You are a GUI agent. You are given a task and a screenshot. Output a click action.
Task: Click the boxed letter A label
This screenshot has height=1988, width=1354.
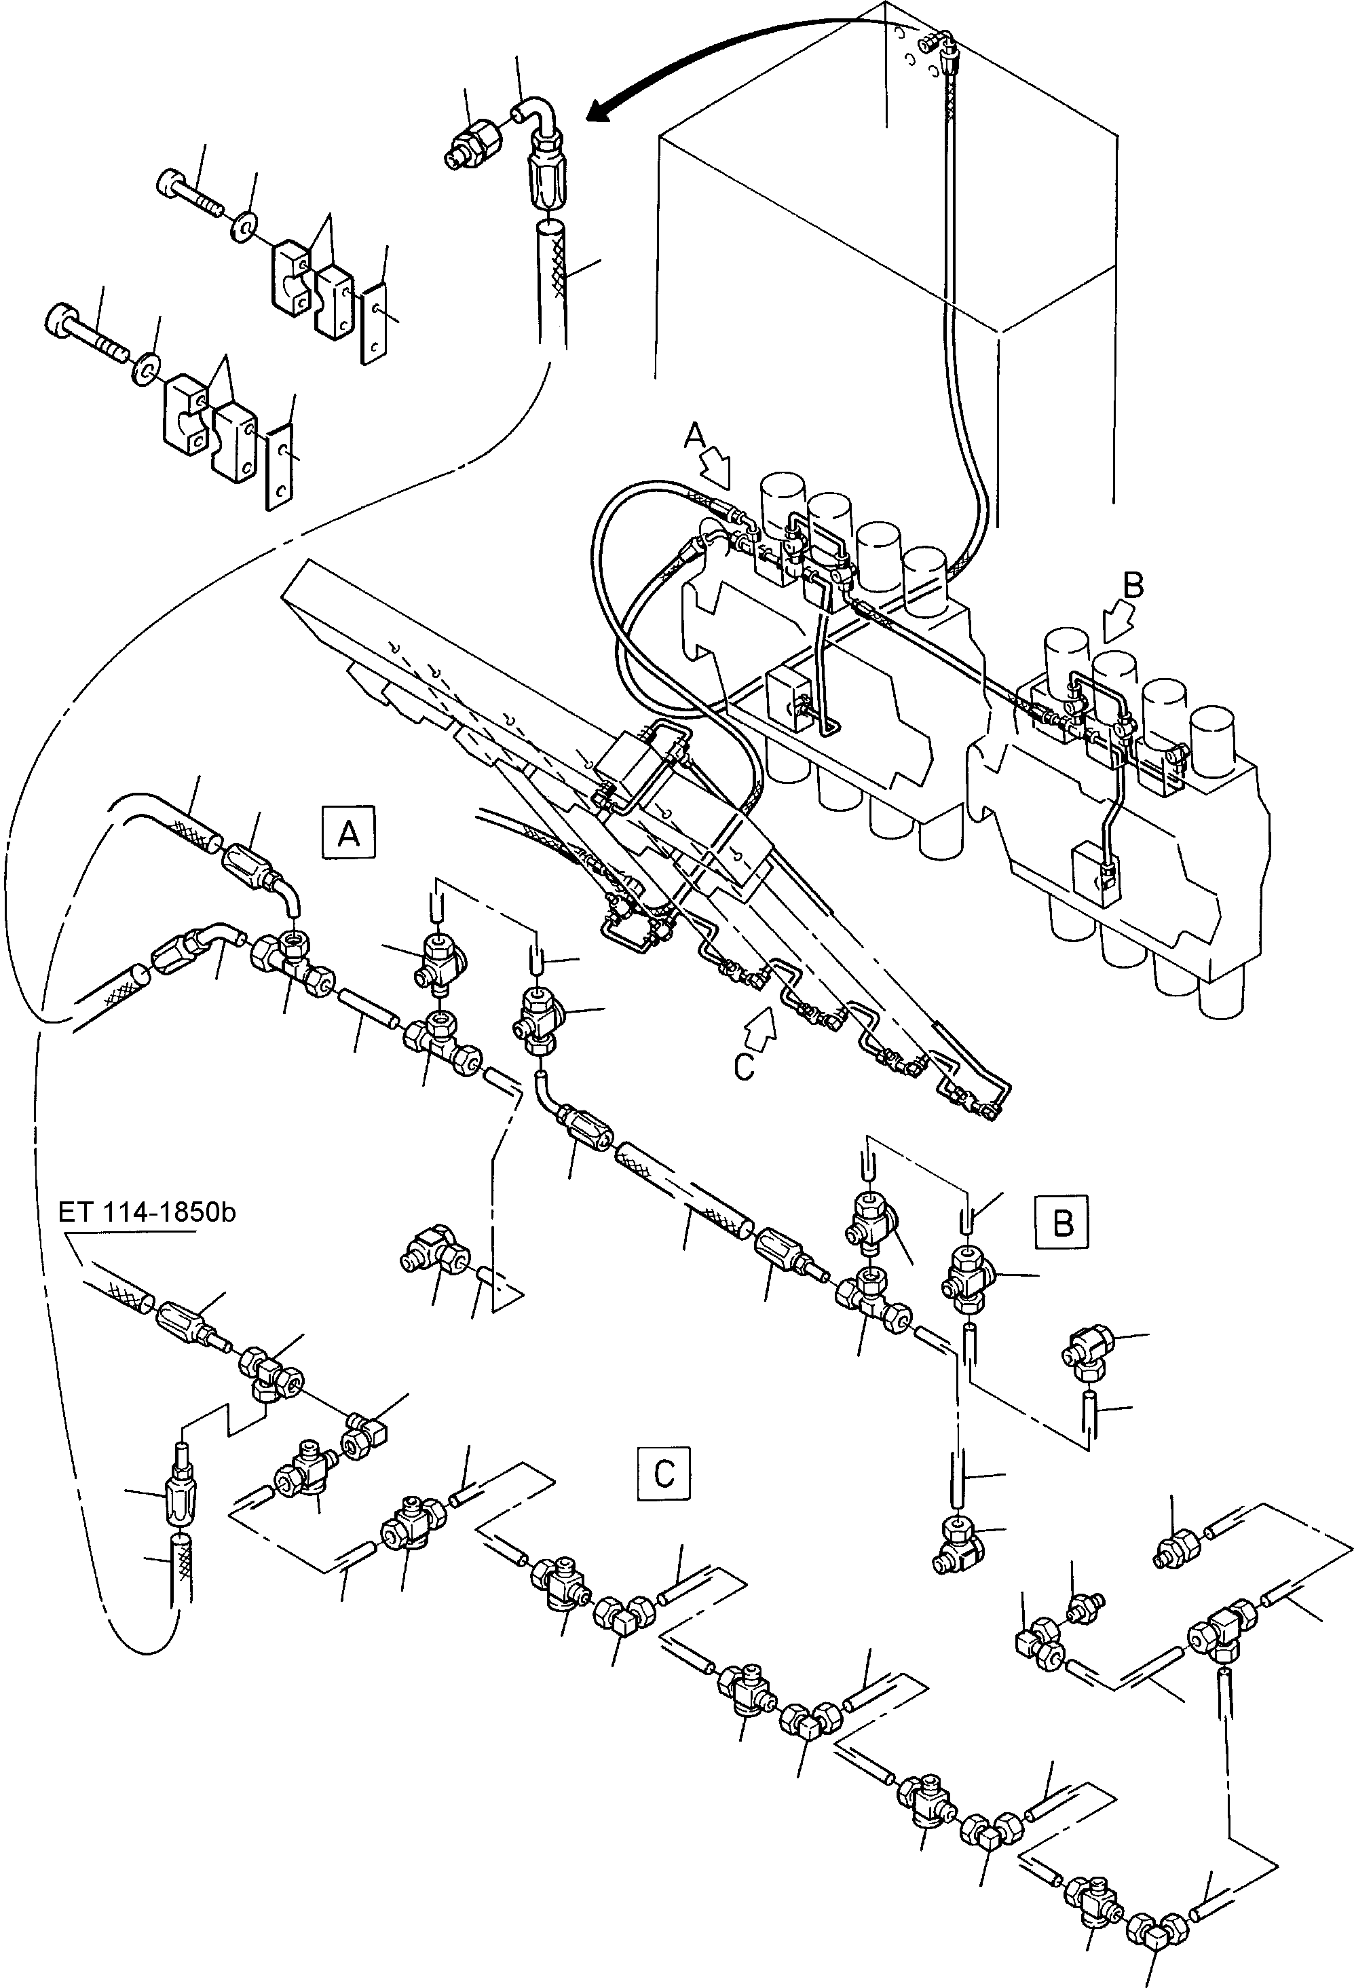click(x=348, y=831)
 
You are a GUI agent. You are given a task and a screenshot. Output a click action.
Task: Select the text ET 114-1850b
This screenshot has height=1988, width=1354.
click(x=147, y=1213)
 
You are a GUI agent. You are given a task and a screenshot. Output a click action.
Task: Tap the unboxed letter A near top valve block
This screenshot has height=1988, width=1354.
click(x=694, y=437)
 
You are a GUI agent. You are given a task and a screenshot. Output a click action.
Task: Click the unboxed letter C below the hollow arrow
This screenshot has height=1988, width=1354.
click(x=745, y=1068)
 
